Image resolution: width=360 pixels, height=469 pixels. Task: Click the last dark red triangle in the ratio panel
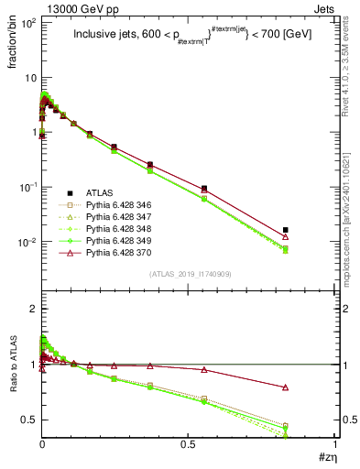[286, 387]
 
